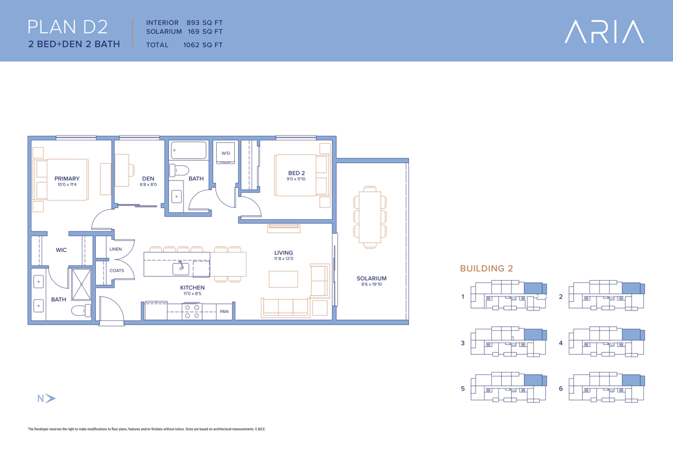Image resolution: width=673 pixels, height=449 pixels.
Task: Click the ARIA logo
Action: (x=604, y=32)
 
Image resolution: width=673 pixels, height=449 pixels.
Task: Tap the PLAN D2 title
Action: (x=67, y=27)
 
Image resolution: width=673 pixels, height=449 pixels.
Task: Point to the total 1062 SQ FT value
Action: (x=203, y=44)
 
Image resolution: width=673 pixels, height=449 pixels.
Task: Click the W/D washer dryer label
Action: (x=226, y=153)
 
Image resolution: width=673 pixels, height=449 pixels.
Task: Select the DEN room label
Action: (x=148, y=178)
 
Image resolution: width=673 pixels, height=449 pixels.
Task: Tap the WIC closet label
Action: (x=61, y=250)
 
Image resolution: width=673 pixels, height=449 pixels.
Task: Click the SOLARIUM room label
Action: (x=372, y=278)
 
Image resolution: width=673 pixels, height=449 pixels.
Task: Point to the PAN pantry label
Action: (x=224, y=312)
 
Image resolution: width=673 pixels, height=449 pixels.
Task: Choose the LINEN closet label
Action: (x=116, y=249)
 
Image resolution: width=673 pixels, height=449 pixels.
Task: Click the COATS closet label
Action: (x=117, y=271)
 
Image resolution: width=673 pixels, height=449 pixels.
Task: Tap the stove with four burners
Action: (x=192, y=311)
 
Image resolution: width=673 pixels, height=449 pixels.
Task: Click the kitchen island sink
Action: (x=181, y=268)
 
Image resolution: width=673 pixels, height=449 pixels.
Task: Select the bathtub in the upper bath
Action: (x=189, y=150)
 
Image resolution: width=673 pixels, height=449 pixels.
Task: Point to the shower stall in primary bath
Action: (x=81, y=284)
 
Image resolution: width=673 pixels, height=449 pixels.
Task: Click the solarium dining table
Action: (x=370, y=217)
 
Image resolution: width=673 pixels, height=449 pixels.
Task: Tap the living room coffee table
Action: (x=283, y=279)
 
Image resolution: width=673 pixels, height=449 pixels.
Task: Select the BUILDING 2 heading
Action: (x=486, y=268)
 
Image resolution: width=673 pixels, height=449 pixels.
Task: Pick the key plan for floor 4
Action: (x=606, y=342)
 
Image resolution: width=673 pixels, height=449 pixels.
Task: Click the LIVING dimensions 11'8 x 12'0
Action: (x=284, y=258)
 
